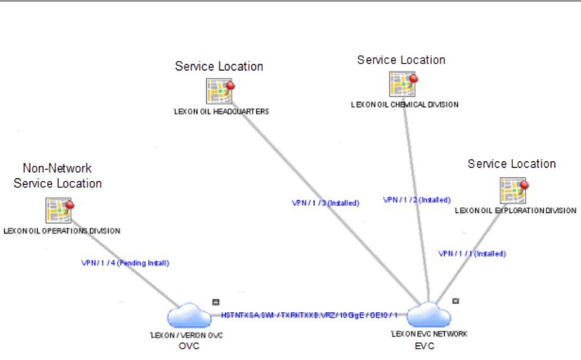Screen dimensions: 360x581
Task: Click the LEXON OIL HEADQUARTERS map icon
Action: pos(218,92)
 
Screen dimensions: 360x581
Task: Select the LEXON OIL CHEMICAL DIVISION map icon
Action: pos(401,84)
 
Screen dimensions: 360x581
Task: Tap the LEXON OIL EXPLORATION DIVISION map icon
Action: pos(512,190)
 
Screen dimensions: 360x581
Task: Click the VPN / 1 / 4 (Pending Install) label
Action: pos(126,263)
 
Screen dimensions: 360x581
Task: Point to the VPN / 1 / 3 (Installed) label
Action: pos(325,203)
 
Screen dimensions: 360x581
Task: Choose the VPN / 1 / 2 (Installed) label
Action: pos(417,200)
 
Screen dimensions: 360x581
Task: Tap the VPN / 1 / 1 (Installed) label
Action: pos(472,254)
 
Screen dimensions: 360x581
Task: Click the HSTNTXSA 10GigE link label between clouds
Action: pos(309,314)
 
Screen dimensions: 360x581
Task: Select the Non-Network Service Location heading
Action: pos(57,176)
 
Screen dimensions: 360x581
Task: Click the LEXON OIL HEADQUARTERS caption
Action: pos(221,112)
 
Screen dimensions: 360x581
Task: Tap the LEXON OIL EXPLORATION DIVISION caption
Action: pos(515,210)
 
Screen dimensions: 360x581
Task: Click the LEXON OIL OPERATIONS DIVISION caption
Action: pos(62,231)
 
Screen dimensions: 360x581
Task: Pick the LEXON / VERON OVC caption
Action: pos(186,335)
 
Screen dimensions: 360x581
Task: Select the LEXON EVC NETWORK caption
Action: pos(429,334)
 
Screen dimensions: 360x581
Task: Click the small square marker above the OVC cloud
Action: pos(215,302)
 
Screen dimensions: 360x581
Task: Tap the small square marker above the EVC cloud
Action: pos(456,300)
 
